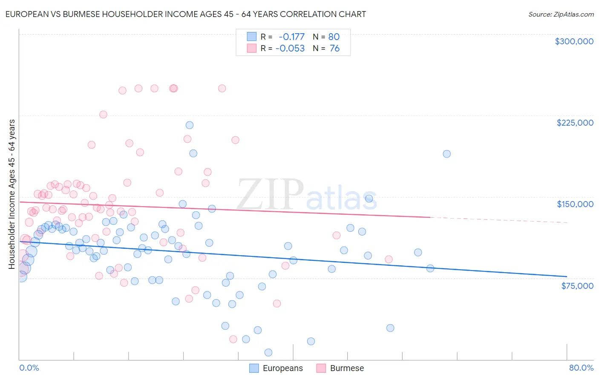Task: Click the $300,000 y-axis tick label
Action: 574,41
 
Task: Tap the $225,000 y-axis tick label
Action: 575,123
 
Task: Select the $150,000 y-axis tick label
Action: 575,204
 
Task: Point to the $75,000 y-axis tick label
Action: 577,286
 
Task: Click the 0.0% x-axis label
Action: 29,368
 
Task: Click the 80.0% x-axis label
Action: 581,368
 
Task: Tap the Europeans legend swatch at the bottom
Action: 254,368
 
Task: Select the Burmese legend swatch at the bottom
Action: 321,368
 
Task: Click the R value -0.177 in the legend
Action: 291,37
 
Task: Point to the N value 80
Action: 334,37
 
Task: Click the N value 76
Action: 334,49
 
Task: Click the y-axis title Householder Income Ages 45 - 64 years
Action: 12,194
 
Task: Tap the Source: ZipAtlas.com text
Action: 561,14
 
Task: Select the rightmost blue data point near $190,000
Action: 446,154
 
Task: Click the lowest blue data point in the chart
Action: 268,352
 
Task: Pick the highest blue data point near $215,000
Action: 190,125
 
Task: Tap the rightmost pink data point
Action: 388,259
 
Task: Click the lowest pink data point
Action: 233,339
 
